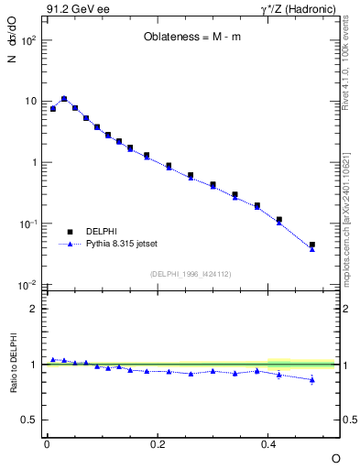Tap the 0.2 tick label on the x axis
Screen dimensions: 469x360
click(x=158, y=443)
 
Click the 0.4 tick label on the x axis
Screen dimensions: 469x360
click(x=269, y=443)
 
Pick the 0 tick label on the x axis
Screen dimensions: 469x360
click(x=46, y=443)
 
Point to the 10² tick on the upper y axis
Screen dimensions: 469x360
click(x=29, y=40)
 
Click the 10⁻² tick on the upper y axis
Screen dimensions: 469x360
click(x=28, y=286)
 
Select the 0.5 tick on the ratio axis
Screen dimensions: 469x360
click(x=29, y=420)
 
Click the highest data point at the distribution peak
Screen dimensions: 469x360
click(x=64, y=98)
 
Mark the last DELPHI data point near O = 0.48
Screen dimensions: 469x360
click(x=312, y=245)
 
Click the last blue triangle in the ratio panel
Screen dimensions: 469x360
click(x=312, y=379)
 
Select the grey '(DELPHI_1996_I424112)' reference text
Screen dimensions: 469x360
click(x=190, y=274)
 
